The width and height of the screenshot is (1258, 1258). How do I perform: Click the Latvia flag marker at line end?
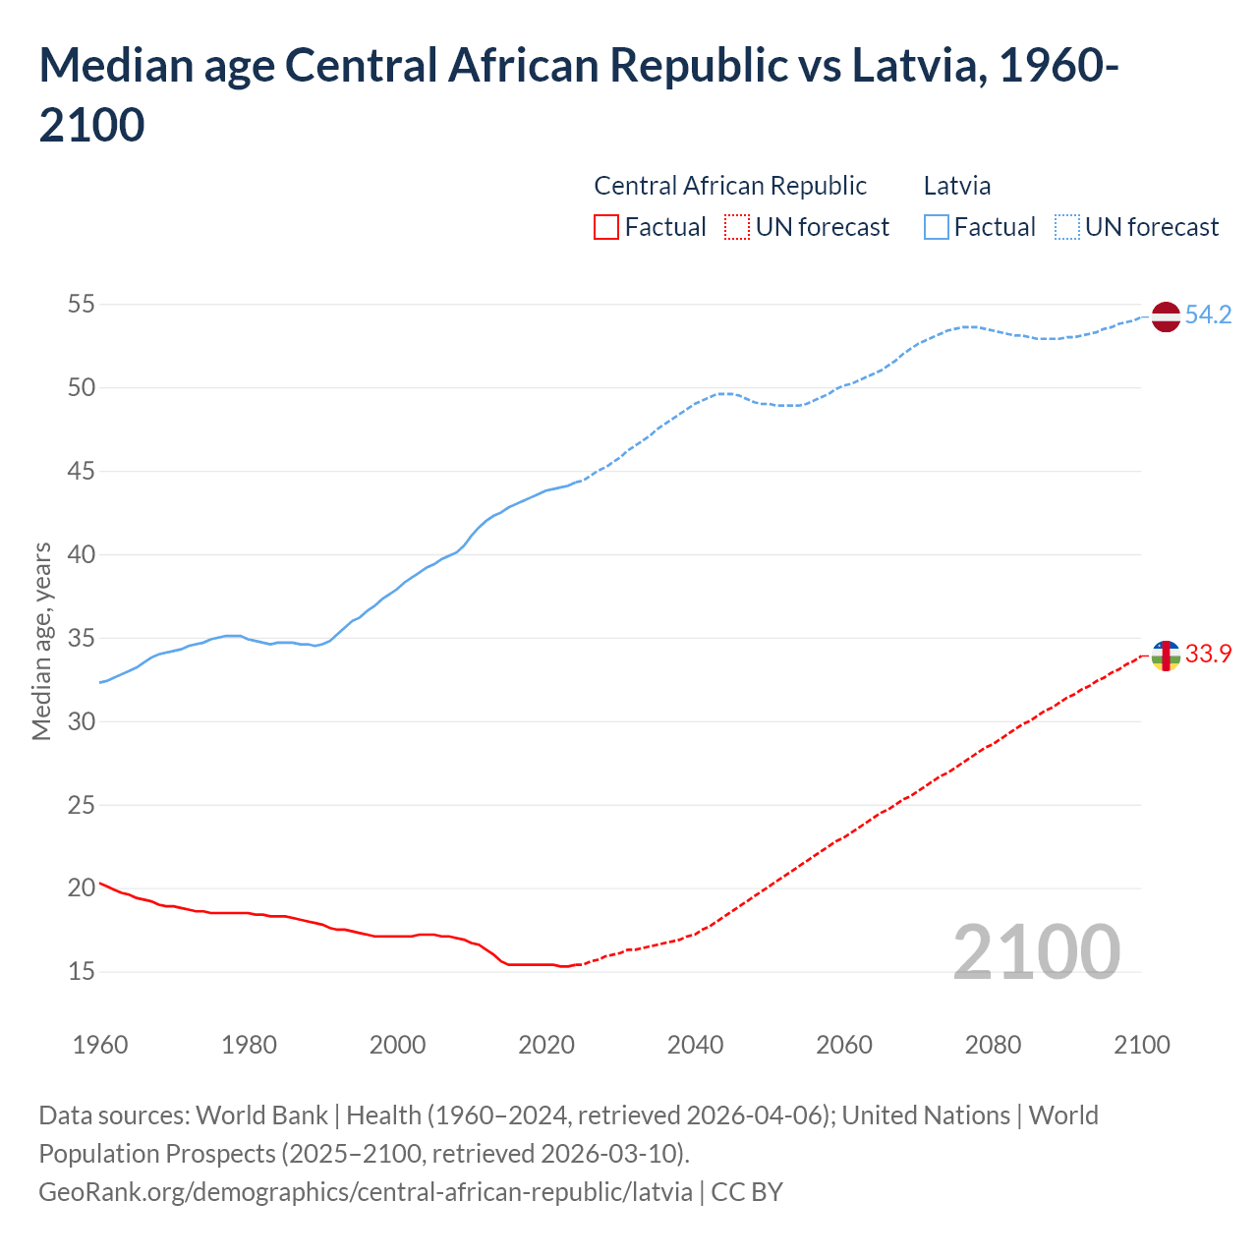(x=1165, y=316)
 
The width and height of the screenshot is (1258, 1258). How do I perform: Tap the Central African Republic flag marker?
(x=1165, y=655)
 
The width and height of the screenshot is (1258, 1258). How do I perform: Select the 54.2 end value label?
(x=1208, y=315)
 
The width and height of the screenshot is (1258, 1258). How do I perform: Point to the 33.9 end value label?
(x=1208, y=655)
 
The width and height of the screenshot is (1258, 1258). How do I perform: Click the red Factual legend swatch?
(x=606, y=227)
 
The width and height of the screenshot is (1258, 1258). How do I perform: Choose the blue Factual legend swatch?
(x=936, y=227)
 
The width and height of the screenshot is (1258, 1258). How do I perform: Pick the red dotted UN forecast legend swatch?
(x=737, y=227)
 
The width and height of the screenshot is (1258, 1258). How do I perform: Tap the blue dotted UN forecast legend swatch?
(x=1066, y=227)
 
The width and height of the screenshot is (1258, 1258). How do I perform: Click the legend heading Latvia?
(x=956, y=186)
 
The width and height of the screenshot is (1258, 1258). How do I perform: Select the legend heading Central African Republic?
(x=730, y=186)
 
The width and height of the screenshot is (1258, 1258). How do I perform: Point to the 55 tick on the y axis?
(x=82, y=305)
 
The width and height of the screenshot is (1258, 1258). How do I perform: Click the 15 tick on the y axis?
(x=82, y=972)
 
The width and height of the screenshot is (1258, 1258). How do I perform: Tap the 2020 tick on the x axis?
(x=546, y=1045)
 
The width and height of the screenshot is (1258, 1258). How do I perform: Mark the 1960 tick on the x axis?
(x=100, y=1045)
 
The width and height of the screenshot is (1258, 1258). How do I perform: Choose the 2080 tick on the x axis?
(x=993, y=1045)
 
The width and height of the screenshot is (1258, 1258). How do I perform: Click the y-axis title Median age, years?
(x=41, y=640)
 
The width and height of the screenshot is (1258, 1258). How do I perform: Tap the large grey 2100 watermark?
(x=1036, y=952)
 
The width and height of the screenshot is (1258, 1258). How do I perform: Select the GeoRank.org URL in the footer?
(x=365, y=1192)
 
